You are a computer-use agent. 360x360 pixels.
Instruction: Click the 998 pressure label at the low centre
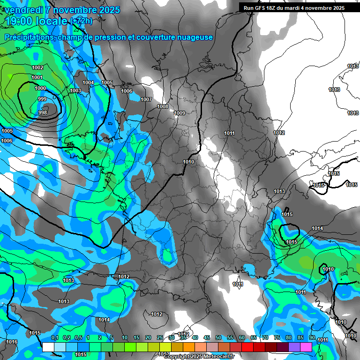43,112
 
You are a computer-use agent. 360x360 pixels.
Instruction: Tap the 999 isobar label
42,99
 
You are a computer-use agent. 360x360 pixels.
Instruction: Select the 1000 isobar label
40,88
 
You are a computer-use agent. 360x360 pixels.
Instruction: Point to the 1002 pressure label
37,68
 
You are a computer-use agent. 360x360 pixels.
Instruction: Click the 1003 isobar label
75,90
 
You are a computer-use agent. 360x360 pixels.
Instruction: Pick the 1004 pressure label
88,82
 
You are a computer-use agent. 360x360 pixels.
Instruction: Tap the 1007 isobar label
146,99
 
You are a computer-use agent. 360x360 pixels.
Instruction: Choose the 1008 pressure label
163,106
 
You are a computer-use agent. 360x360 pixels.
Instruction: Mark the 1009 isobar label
180,113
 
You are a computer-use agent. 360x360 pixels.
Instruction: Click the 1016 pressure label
12,342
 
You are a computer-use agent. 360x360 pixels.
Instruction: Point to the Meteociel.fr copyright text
199,356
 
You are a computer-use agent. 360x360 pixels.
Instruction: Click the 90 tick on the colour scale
312,337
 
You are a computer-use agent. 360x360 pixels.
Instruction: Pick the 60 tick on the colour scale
241,337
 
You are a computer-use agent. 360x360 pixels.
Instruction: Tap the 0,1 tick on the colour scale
54,337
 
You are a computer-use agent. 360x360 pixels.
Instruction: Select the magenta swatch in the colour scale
306,347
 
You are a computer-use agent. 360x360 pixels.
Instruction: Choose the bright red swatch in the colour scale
247,347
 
